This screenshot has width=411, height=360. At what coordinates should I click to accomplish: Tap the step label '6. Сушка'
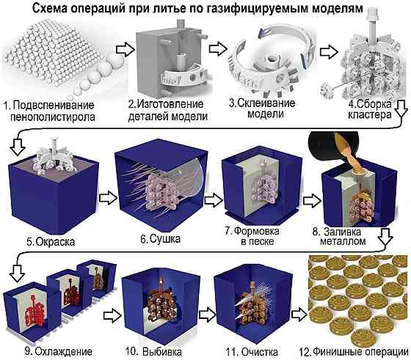[161, 239]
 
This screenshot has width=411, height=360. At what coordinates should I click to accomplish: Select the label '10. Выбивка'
[153, 351]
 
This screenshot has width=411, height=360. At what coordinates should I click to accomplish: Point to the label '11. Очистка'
[252, 352]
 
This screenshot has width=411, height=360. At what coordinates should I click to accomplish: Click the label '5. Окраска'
[51, 241]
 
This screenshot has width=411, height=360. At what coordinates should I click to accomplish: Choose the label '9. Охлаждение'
[59, 351]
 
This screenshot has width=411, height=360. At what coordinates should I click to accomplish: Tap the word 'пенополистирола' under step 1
[52, 117]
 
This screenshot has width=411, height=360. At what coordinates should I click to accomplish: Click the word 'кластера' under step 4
[370, 114]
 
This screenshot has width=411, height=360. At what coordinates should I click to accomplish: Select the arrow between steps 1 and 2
[125, 49]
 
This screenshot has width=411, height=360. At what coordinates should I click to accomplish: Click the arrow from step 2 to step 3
[218, 48]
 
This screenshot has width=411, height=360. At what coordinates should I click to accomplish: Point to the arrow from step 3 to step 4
[329, 51]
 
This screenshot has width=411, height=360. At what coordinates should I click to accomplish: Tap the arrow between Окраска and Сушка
[109, 198]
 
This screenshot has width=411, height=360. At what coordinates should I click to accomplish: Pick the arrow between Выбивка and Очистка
[207, 315]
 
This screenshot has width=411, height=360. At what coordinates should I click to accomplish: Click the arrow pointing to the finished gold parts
[299, 315]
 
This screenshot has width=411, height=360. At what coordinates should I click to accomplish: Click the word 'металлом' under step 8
[343, 241]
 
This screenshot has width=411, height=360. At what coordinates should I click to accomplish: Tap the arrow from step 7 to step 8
[312, 201]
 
